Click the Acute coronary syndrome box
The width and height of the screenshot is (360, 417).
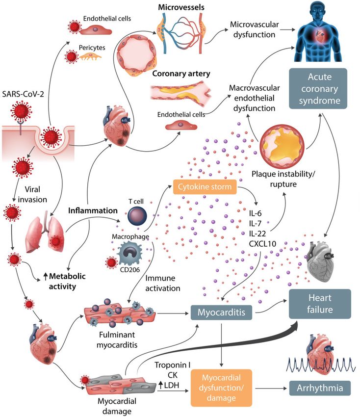click(x=318, y=89)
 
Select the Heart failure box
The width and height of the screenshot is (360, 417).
click(x=320, y=304)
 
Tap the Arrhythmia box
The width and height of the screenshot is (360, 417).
click(x=320, y=388)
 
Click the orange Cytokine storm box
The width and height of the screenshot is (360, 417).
click(x=205, y=187)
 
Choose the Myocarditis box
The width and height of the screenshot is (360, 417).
click(x=221, y=312)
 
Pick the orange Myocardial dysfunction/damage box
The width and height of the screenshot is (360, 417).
click(x=221, y=388)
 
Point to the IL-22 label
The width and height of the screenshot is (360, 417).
click(x=257, y=234)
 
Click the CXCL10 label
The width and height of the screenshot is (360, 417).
click(x=262, y=244)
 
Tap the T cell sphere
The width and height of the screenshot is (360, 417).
click(x=137, y=216)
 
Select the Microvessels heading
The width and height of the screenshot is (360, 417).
click(x=181, y=7)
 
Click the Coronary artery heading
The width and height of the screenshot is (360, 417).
click(x=181, y=74)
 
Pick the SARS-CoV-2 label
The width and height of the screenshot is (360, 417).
click(x=23, y=94)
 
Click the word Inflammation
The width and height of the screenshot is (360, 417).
click(x=93, y=210)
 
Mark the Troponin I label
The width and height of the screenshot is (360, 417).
click(x=172, y=365)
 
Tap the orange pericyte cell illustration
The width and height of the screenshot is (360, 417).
click(x=90, y=56)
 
